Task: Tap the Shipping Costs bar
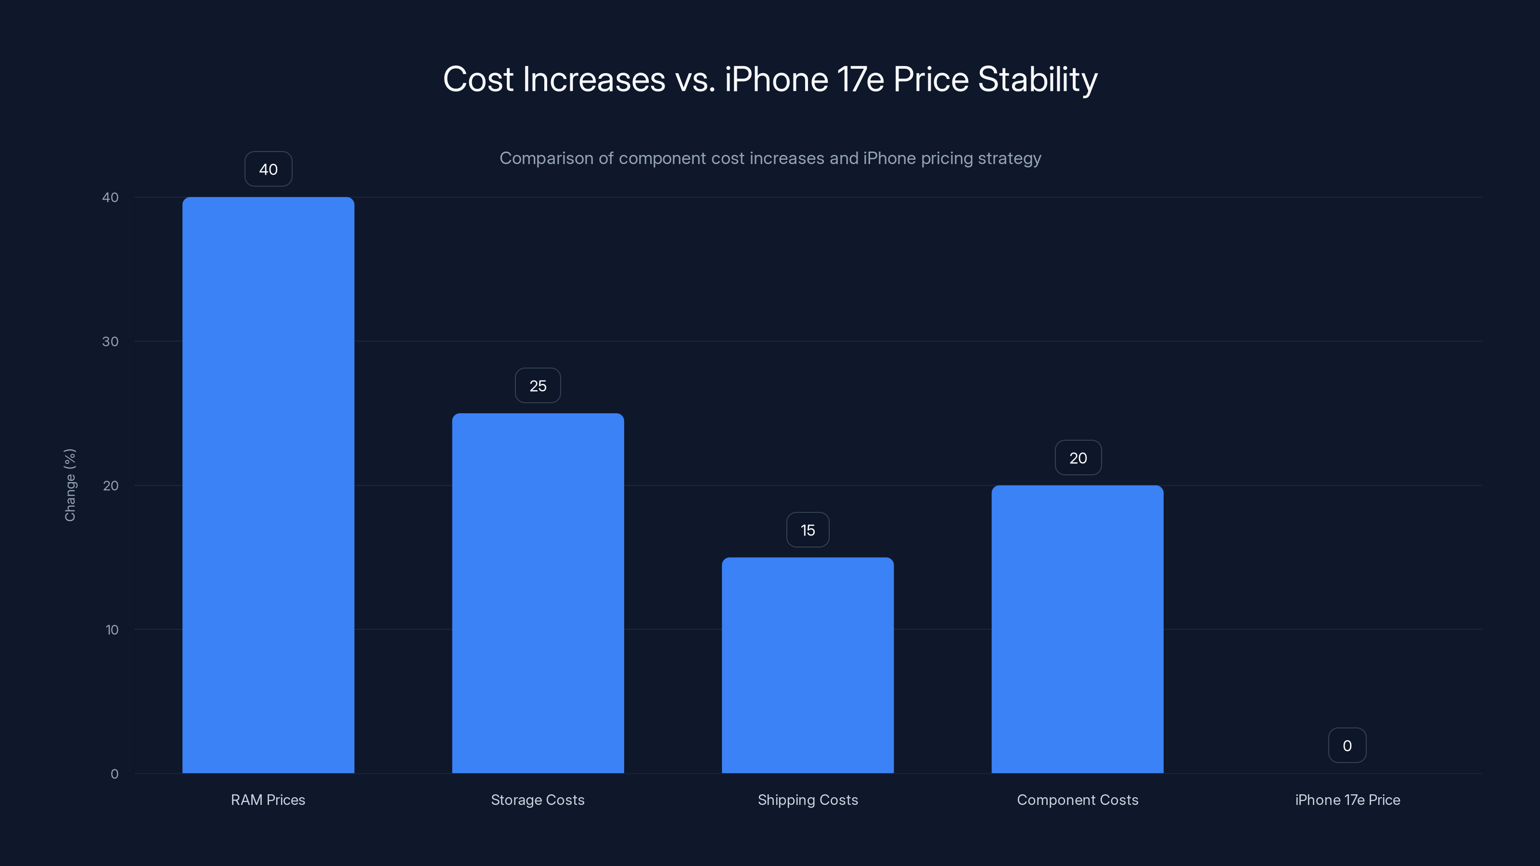pyautogui.click(x=807, y=665)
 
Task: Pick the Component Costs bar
pyautogui.click(x=1078, y=629)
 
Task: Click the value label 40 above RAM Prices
pyautogui.click(x=269, y=169)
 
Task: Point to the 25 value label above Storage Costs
pyautogui.click(x=538, y=385)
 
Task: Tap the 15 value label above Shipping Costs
pyautogui.click(x=808, y=530)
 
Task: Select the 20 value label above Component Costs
pyautogui.click(x=1078, y=458)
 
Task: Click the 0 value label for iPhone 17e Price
pyautogui.click(x=1347, y=745)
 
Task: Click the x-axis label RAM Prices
pyautogui.click(x=268, y=800)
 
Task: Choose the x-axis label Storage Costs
pyautogui.click(x=538, y=800)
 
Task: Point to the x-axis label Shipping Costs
pyautogui.click(x=808, y=800)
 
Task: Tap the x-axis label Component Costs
pyautogui.click(x=1078, y=800)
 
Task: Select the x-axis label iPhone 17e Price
pyautogui.click(x=1347, y=800)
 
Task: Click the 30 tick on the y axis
pyautogui.click(x=110, y=341)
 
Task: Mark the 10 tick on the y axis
pyautogui.click(x=112, y=629)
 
